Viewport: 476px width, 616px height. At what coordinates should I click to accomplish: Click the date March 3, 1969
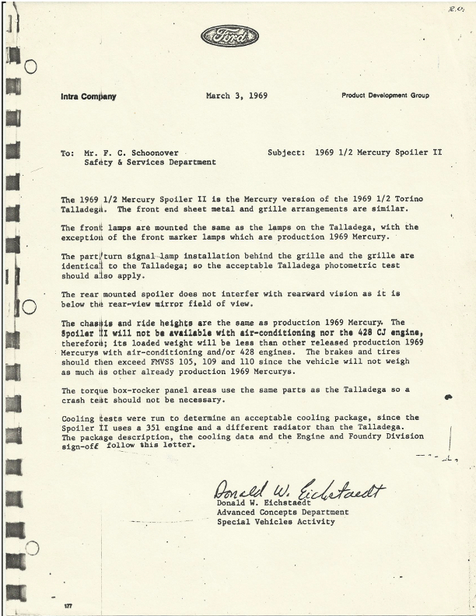[237, 96]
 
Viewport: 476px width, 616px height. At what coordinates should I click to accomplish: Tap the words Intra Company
[88, 97]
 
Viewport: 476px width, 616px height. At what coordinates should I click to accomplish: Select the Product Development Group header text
[385, 96]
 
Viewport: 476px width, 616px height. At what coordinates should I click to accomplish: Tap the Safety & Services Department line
[150, 163]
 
